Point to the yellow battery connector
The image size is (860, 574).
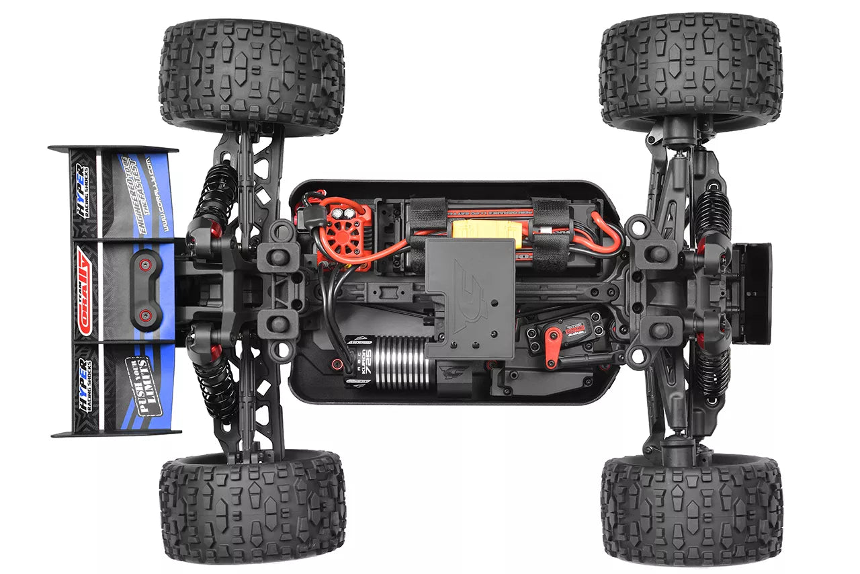click(488, 231)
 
